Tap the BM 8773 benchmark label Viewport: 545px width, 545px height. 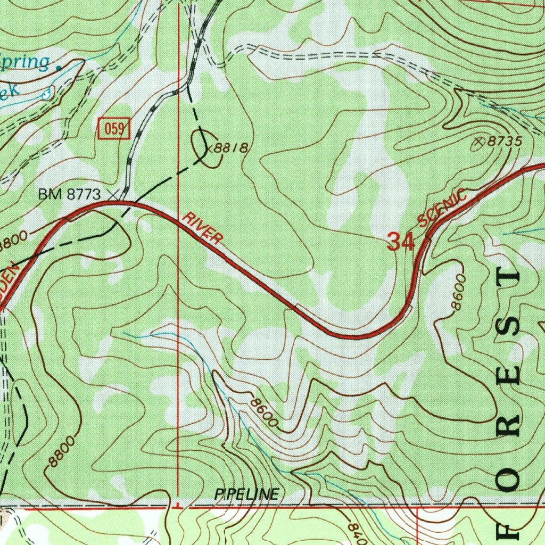pos(69,195)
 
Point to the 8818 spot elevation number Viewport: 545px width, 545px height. pos(231,148)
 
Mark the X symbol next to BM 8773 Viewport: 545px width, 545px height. pos(112,195)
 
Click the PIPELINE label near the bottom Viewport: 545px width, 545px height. pos(246,494)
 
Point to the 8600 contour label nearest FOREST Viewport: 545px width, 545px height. pos(458,292)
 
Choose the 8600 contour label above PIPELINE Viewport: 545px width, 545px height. pos(265,413)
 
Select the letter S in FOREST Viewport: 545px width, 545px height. pos(511,326)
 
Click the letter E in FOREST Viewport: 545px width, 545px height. pos(511,376)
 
